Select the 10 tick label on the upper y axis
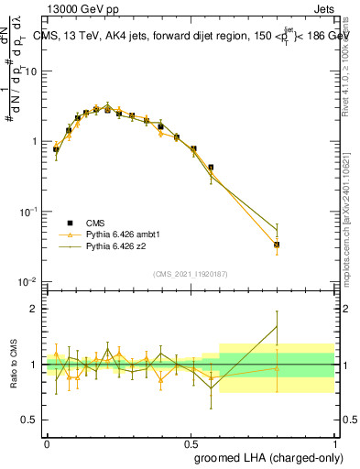point(31,71)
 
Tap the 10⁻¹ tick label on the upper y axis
point(28,212)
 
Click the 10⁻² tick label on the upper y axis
point(28,281)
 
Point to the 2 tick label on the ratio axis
point(34,309)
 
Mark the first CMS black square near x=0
point(56,149)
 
